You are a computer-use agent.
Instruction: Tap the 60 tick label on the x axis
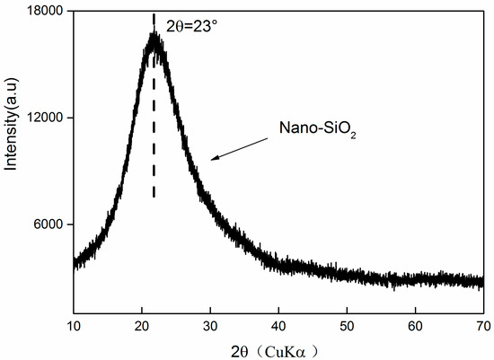pyautogui.click(x=415, y=324)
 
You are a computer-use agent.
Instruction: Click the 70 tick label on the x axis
pyautogui.click(x=482, y=324)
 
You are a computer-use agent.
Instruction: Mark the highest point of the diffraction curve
pyautogui.click(x=154, y=34)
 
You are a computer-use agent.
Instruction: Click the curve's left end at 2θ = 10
pyautogui.click(x=75, y=262)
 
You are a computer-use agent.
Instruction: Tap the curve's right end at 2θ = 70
pyautogui.click(x=482, y=282)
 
